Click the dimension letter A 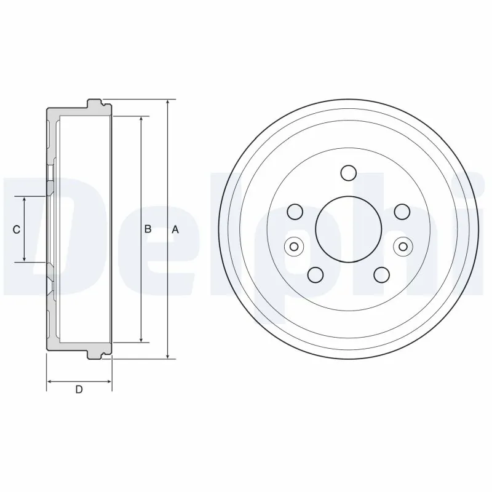pos(175,229)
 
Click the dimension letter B pos(148,229)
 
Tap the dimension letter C pos(17,229)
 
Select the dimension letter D pos(79,389)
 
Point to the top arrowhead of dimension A pos(167,102)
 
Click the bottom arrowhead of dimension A pos(167,355)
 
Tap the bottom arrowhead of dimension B pos(142,339)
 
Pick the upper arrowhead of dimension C pos(24,200)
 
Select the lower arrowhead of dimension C pos(24,258)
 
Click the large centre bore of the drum pos(348,228)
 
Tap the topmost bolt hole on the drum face pos(349,173)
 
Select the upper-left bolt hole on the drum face pos(295,212)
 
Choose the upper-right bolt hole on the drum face pos(402,212)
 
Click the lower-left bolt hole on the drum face pos(315,274)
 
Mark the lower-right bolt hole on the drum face pos(382,274)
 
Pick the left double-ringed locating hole pos(293,247)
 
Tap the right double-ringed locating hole pos(403,247)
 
